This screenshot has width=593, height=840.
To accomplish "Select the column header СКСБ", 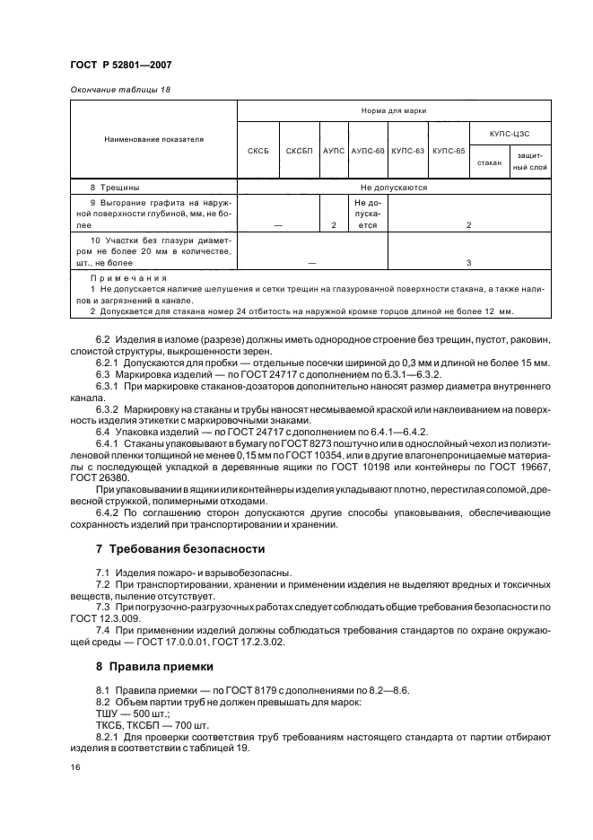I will (x=257, y=151).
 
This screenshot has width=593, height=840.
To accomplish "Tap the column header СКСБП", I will (x=299, y=151).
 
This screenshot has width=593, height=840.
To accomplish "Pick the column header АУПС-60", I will (x=368, y=151).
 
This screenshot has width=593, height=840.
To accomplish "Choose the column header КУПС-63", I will (x=408, y=151).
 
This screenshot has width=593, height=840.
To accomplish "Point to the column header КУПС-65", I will (x=449, y=151).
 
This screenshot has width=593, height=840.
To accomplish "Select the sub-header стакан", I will (x=490, y=163).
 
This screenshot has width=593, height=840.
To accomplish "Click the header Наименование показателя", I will (x=153, y=140).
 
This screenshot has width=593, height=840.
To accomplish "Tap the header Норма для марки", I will (x=394, y=111).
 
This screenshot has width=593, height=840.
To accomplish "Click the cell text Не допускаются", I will (x=394, y=188).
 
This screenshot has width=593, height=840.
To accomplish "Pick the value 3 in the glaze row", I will (x=469, y=263).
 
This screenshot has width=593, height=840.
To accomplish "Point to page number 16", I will (x=74, y=768).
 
